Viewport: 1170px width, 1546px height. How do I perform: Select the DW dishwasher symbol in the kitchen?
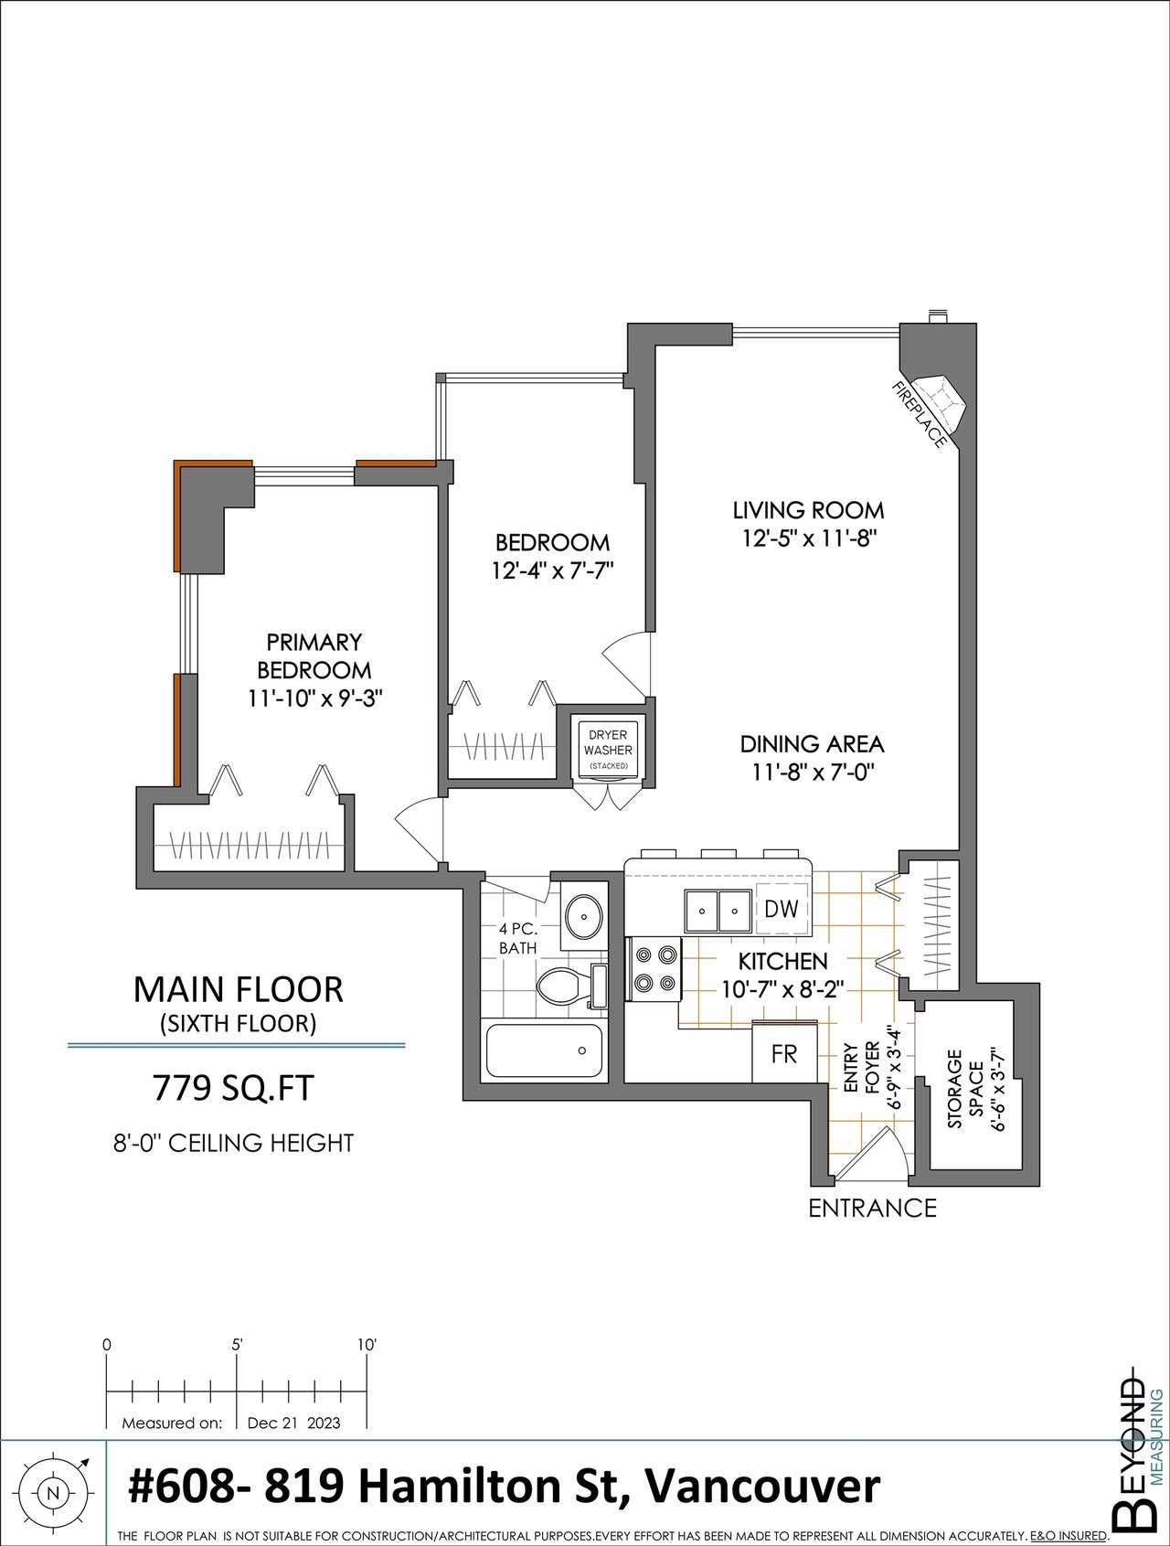coord(782,909)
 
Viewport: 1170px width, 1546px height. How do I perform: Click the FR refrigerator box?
coord(784,1053)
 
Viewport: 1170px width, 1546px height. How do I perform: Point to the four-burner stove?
coord(653,969)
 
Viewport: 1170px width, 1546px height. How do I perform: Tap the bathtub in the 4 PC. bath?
coord(544,1050)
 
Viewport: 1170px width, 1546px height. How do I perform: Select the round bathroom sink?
coord(581,914)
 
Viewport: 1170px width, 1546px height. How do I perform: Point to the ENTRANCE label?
coord(873,1209)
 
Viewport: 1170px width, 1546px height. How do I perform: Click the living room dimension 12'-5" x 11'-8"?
coord(810,538)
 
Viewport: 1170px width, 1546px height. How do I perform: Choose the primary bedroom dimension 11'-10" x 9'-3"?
coord(314,698)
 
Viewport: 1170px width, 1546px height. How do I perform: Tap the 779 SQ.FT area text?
coord(233,1089)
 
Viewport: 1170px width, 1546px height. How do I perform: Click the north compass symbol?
coord(53,1494)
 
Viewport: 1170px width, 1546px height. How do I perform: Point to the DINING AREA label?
coord(813,744)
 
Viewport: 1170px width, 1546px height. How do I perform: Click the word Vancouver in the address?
coord(763,1486)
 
